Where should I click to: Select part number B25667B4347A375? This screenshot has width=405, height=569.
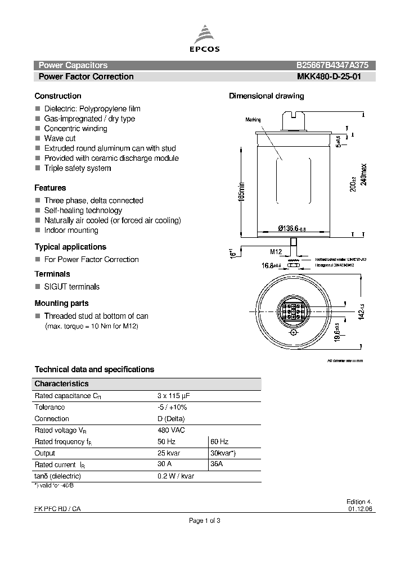pyautogui.click(x=332, y=65)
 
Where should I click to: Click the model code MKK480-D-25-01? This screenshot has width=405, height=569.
pyautogui.click(x=332, y=76)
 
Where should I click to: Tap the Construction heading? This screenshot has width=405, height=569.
pyautogui.click(x=57, y=96)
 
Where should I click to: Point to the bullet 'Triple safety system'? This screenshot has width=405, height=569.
pyautogui.click(x=77, y=168)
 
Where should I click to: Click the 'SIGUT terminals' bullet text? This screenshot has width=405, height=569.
pyautogui.click(x=71, y=287)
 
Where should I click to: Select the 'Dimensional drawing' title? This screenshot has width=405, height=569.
pyautogui.click(x=266, y=96)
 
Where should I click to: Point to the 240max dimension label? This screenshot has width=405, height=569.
pyautogui.click(x=363, y=175)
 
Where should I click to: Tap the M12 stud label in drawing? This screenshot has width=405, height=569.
pyautogui.click(x=276, y=251)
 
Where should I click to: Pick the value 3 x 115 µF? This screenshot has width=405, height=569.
pyautogui.click(x=174, y=396)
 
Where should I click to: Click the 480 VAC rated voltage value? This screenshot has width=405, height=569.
pyautogui.click(x=171, y=430)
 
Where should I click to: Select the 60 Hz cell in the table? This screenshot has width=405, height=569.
pyautogui.click(x=219, y=442)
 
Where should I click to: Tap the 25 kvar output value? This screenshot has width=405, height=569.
pyautogui.click(x=170, y=453)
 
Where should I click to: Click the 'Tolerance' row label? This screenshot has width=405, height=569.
pyautogui.click(x=49, y=407)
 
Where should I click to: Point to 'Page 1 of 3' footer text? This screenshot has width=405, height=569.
pyautogui.click(x=204, y=521)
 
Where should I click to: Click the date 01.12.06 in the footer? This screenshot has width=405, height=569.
pyautogui.click(x=360, y=509)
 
